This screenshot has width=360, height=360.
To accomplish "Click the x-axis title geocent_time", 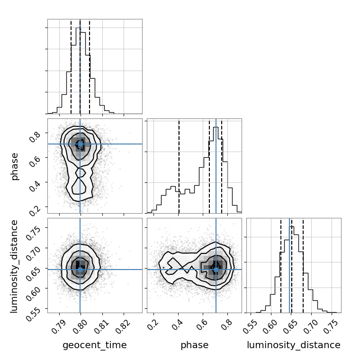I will coord(95,345).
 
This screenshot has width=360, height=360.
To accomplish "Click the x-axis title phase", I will coord(194,345).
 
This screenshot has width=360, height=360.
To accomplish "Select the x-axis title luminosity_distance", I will coord(294,345).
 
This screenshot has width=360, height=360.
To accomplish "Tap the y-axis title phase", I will coord(15,166).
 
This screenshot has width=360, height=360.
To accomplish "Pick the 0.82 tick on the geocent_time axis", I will coord(124,324).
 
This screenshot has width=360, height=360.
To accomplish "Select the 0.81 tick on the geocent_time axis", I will coord(102,324).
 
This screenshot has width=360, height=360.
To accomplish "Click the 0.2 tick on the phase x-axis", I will coord(153,324).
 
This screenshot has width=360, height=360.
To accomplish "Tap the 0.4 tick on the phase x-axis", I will coord(178,324).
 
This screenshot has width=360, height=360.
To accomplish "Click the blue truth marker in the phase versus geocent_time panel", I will coord(80,144).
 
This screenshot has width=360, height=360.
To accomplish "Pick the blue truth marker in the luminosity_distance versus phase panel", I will coord(216,270).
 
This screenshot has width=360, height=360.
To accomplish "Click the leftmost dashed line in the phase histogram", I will coord(179,166).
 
